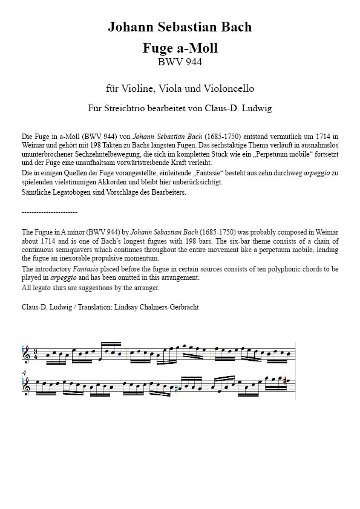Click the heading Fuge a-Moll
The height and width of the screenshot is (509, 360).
[180, 48]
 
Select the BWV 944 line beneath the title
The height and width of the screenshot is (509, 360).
[180, 61]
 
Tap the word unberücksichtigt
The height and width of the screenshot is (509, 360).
[200, 182]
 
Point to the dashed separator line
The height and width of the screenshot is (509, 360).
[49, 212]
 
